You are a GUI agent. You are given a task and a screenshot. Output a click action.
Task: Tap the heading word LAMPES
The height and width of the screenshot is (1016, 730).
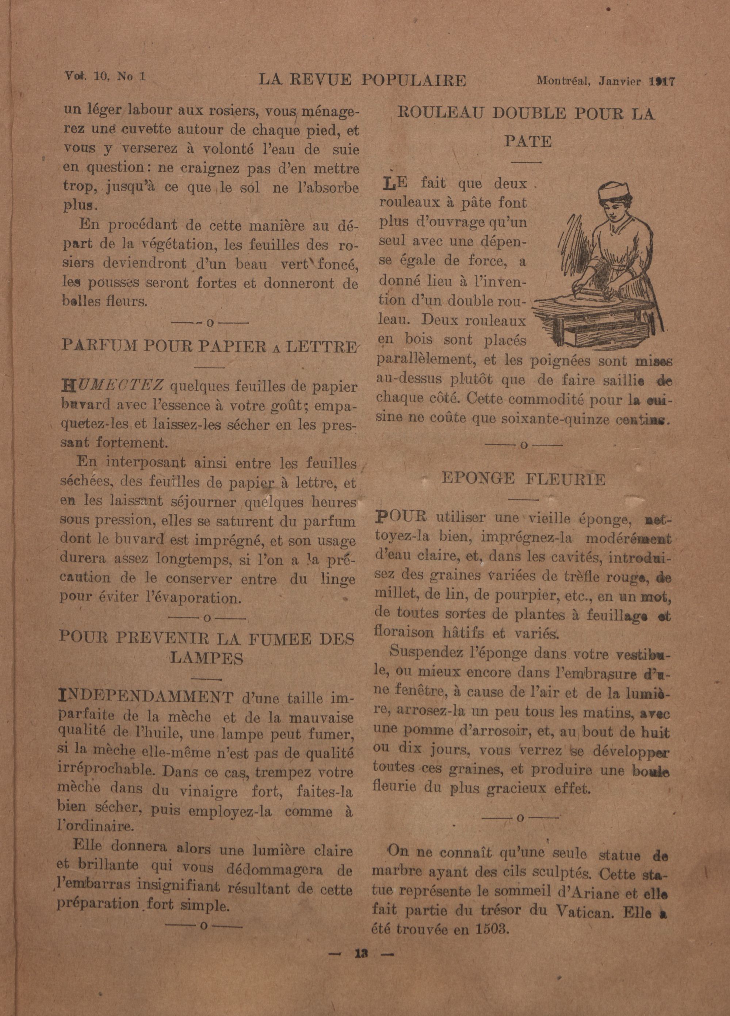(207, 658)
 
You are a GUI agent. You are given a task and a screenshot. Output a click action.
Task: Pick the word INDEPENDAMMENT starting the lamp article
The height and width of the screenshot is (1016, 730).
(146, 697)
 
